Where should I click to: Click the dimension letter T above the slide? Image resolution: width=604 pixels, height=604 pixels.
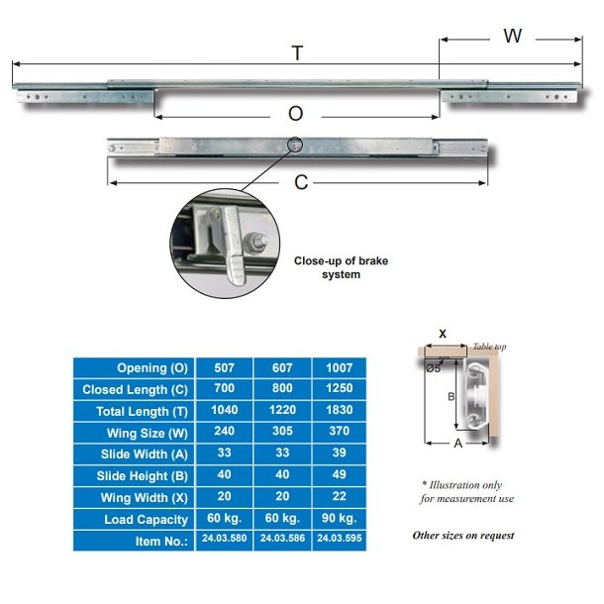coord(298,53)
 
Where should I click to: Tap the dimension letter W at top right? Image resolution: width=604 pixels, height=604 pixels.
coord(512,37)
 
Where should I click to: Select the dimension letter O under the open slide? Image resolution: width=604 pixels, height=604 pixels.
coord(295,114)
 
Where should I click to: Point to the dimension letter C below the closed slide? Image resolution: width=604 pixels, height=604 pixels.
coord(302,183)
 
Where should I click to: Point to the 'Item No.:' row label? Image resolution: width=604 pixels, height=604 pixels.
coord(159,542)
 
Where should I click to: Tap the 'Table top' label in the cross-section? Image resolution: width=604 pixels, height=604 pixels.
coord(489,346)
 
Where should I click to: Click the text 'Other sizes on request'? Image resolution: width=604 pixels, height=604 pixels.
coord(463,535)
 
